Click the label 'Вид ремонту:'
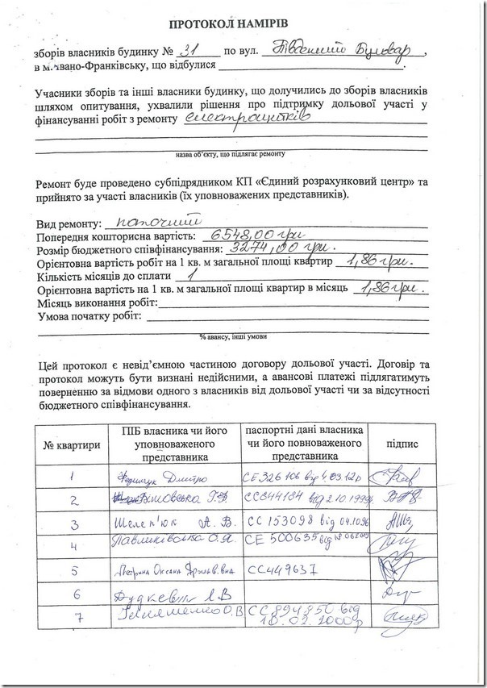pos(69,223)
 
